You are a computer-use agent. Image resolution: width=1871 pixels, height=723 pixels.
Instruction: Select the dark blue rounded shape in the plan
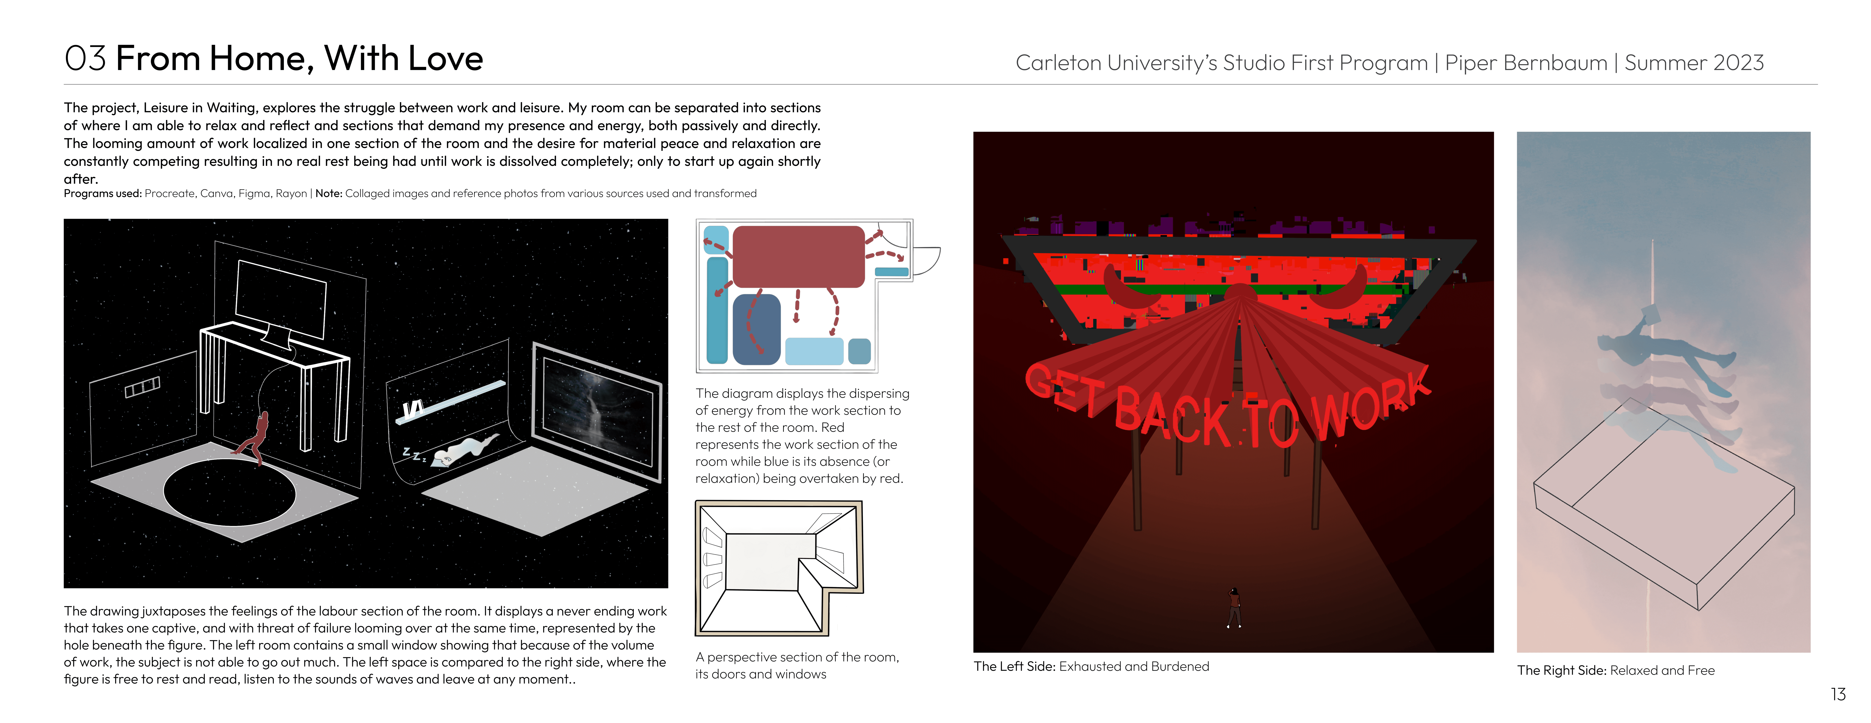tap(756, 328)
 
